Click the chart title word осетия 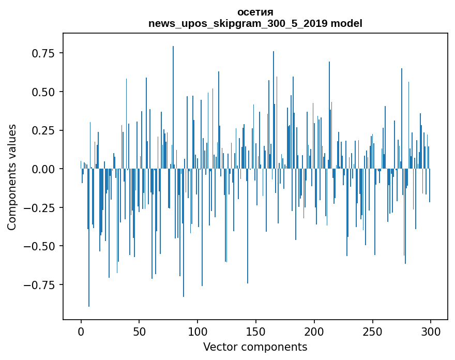255,12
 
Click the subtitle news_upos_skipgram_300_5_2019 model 255,23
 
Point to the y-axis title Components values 11,177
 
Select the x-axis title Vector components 255,347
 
